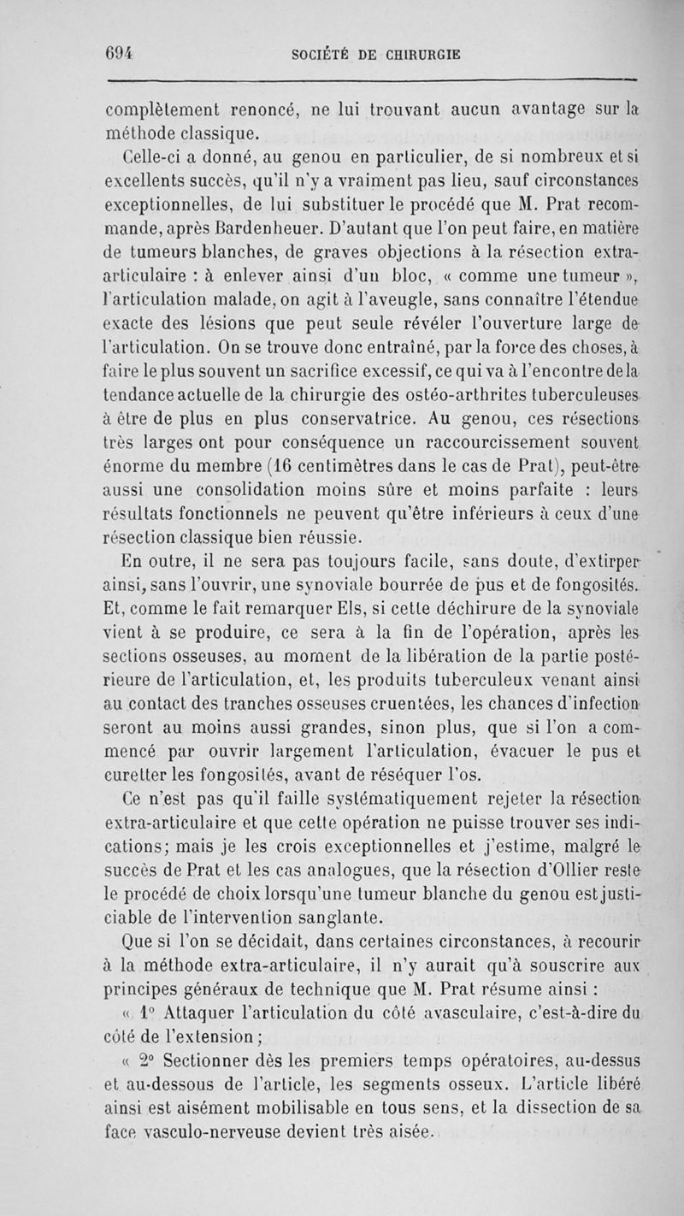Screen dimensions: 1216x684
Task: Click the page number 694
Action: click(122, 52)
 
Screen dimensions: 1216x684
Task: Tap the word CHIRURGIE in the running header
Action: click(414, 54)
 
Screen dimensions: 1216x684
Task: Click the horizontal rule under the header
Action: click(370, 81)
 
